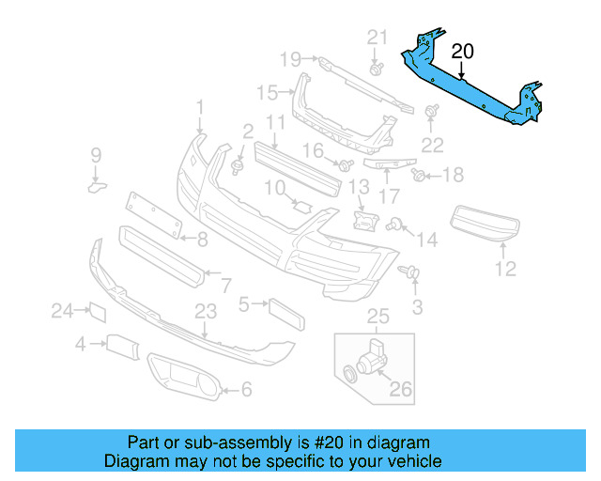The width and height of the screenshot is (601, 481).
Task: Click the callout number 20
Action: click(x=463, y=51)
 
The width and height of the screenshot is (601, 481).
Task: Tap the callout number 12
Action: click(x=505, y=270)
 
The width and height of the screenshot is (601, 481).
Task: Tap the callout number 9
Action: click(x=95, y=154)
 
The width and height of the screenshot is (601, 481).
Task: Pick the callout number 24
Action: click(x=62, y=310)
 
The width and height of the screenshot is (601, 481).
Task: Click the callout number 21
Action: click(x=377, y=38)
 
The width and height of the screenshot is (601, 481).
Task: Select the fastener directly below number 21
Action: click(x=376, y=69)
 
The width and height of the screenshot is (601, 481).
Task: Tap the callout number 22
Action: click(x=432, y=144)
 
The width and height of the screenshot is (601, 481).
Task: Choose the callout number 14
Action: click(x=426, y=240)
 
